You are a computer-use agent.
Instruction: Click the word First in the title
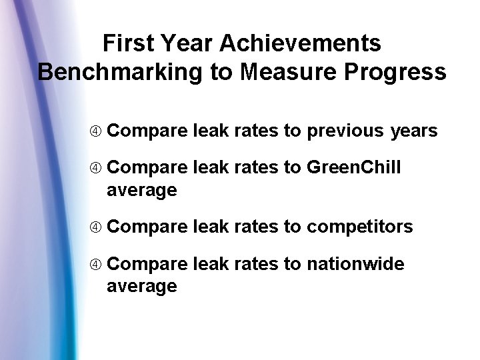click(x=127, y=44)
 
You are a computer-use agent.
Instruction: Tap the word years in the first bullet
click(x=414, y=131)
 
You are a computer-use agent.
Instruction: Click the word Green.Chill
click(x=353, y=168)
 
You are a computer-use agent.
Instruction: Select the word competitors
click(x=359, y=227)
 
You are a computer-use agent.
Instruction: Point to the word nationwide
click(x=355, y=265)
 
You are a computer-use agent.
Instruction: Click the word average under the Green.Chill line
click(x=141, y=191)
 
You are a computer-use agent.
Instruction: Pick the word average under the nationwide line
click(x=141, y=287)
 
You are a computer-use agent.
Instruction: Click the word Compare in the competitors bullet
click(x=147, y=227)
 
